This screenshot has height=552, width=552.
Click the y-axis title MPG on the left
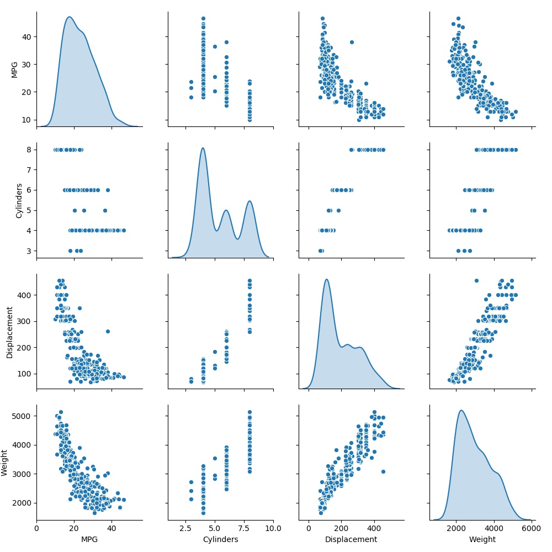(14, 70)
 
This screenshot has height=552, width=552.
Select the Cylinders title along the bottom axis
(220, 539)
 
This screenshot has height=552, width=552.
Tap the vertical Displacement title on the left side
(9, 332)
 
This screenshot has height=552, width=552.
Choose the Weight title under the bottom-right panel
(482, 539)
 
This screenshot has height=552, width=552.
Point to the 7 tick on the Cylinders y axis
(29, 170)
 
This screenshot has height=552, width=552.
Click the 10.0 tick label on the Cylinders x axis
(273, 528)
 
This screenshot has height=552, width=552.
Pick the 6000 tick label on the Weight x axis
(532, 528)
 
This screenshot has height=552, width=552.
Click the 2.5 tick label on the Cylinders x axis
(185, 528)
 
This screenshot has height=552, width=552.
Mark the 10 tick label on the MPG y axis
(26, 120)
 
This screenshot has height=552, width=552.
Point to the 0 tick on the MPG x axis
(36, 528)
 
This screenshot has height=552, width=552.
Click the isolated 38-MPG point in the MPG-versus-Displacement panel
(352, 43)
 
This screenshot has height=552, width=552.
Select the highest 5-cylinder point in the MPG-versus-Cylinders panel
(215, 46)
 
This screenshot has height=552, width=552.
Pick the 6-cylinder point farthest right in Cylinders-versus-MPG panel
(108, 190)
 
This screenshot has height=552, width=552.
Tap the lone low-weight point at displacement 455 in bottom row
(384, 471)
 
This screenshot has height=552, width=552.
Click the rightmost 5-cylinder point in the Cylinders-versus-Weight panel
(485, 210)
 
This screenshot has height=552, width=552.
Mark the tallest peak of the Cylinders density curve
(203, 148)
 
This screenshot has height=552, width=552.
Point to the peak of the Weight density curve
(461, 410)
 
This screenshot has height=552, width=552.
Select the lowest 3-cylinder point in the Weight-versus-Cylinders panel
(191, 499)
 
